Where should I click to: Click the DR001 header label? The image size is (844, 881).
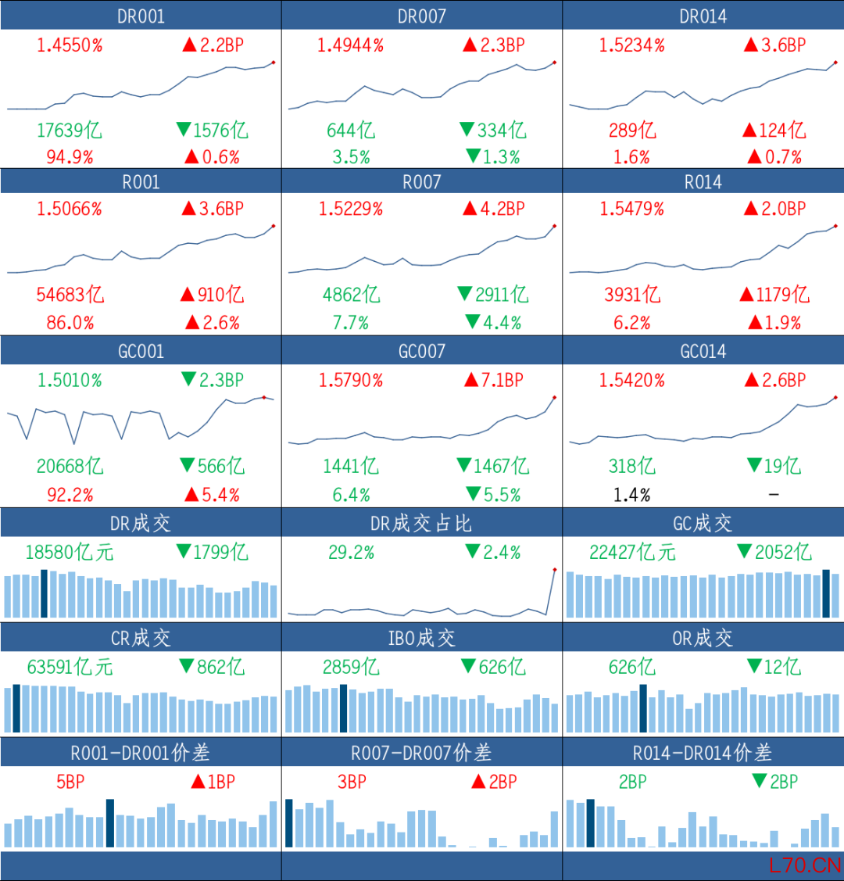[x=141, y=16]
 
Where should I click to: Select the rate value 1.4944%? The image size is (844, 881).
[x=350, y=45]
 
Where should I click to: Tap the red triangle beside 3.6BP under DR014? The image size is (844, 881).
[x=751, y=45]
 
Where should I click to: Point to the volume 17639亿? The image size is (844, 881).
[x=70, y=131]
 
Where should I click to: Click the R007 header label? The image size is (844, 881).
[x=422, y=181]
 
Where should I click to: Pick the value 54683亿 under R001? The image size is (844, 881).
[x=70, y=295]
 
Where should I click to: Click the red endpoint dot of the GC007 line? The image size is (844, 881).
[x=555, y=397]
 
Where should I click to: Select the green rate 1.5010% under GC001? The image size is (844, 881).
[x=70, y=381]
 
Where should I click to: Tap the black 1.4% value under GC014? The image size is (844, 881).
[x=631, y=495]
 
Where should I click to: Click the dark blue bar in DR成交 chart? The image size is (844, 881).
[x=45, y=593]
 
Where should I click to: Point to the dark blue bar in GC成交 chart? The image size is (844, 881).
[x=826, y=593]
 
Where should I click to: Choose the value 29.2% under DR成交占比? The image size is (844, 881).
[x=352, y=553]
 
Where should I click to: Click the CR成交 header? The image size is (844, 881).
[x=141, y=638]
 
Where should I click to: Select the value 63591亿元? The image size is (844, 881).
[x=70, y=667]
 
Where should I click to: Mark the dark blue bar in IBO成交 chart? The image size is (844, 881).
[x=343, y=708]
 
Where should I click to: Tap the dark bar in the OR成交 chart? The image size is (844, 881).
[x=643, y=708]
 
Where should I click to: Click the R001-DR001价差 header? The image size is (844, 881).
[x=141, y=752]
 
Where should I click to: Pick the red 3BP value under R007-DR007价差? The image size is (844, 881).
[x=352, y=782]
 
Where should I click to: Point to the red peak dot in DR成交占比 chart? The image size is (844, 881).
[x=555, y=570]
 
